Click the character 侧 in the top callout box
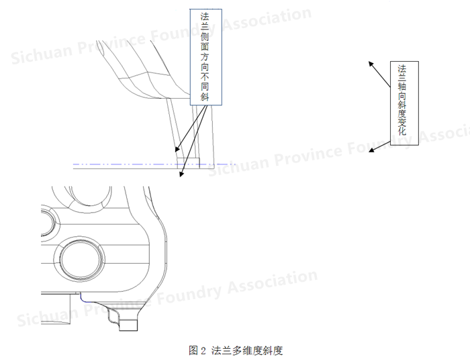[x=205, y=37]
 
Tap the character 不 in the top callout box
[x=205, y=76]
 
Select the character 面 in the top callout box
[x=205, y=47]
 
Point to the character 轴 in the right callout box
[x=402, y=87]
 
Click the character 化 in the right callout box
[x=402, y=132]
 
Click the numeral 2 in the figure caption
[x=203, y=350]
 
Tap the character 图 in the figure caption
[x=193, y=350]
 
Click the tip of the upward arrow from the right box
[x=369, y=62]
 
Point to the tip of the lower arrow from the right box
[x=369, y=152]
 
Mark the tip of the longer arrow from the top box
[x=180, y=176]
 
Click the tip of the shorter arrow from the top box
[x=176, y=152]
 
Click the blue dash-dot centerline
[x=154, y=164]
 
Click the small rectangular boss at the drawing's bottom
[x=128, y=325]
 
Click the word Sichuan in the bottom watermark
[x=48, y=315]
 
